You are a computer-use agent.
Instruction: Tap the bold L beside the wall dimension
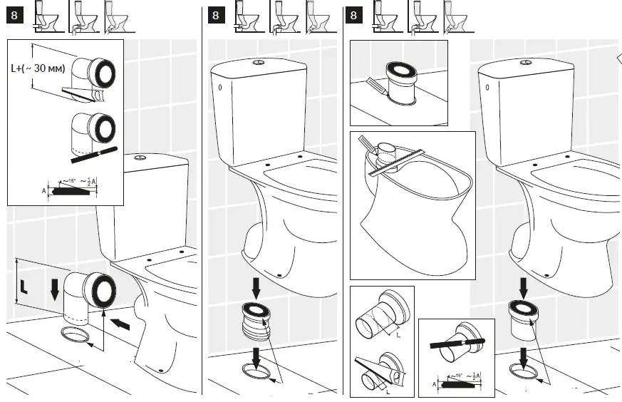[24, 287]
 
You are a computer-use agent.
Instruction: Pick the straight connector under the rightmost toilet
[523, 317]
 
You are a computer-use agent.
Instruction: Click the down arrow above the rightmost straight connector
[524, 287]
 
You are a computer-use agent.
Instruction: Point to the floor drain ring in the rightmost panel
[525, 371]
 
